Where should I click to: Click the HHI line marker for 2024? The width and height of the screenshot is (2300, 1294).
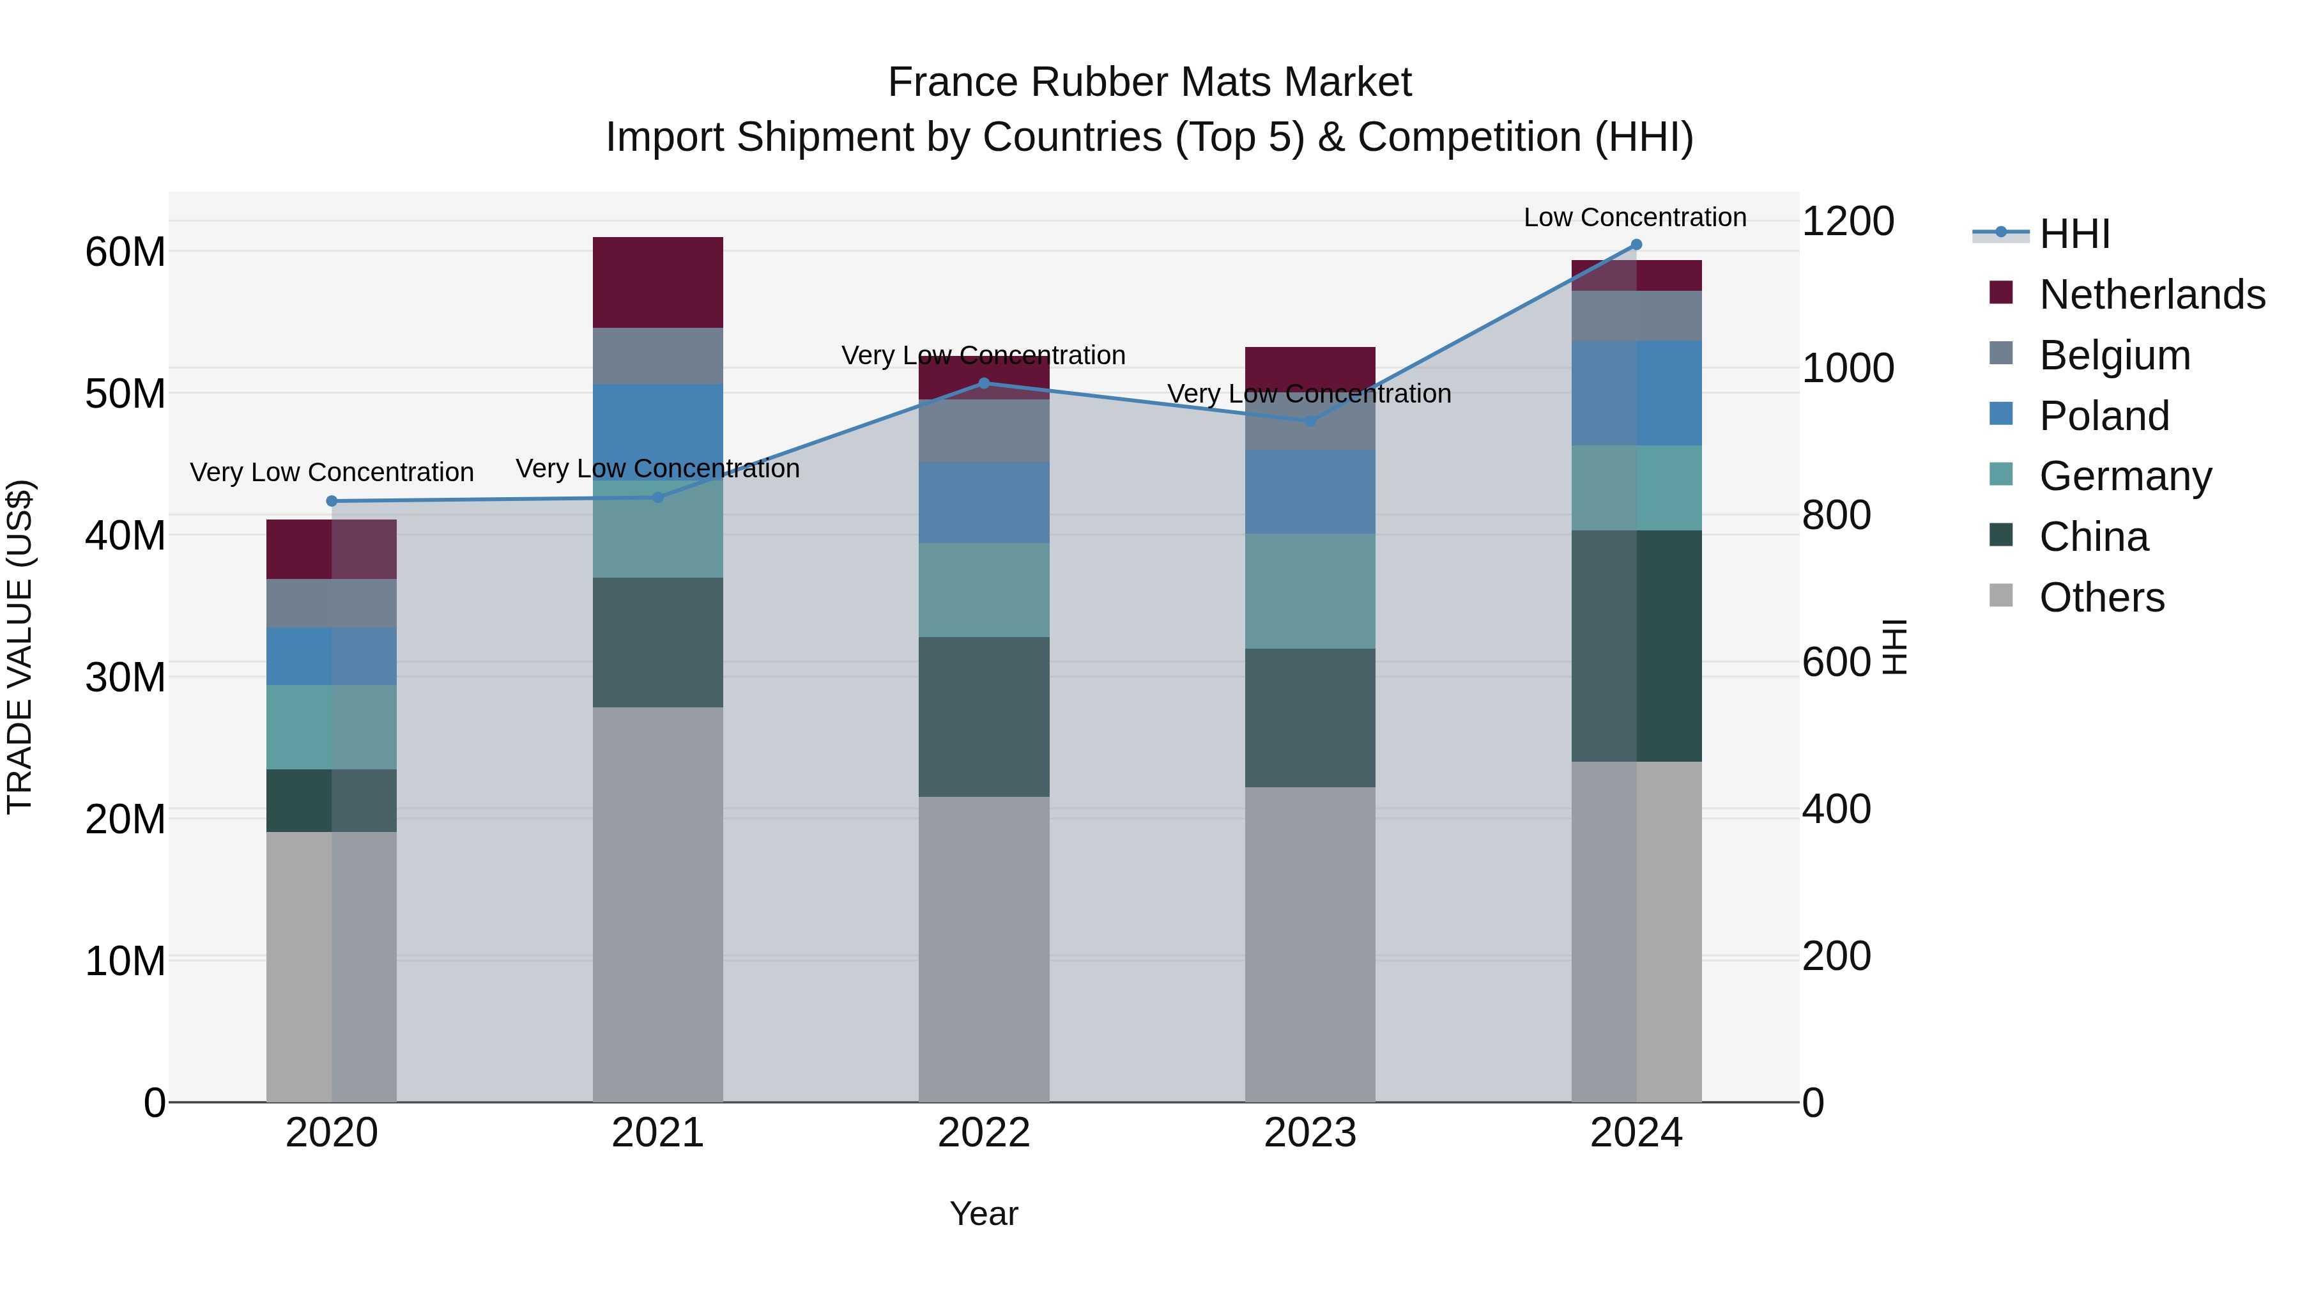1636,245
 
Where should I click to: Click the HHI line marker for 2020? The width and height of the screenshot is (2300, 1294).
331,501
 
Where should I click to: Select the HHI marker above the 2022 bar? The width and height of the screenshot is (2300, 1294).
984,383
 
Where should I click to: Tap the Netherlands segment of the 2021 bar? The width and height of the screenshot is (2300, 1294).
657,282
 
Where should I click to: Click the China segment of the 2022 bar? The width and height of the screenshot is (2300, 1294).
984,716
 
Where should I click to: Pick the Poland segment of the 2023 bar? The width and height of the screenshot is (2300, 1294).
1310,491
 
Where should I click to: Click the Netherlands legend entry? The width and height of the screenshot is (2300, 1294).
2152,294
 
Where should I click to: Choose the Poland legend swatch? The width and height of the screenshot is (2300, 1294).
2001,414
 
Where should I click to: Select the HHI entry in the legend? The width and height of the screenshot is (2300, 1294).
2074,233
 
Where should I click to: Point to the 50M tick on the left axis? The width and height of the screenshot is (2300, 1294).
125,394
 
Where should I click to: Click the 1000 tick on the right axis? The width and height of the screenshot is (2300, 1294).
1847,368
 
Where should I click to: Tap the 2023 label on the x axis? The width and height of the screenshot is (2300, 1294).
1310,1133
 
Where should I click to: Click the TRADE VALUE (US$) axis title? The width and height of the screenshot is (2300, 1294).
20,647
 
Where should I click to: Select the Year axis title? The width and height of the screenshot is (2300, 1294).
984,1213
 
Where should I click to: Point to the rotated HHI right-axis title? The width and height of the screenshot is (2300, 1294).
1894,647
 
